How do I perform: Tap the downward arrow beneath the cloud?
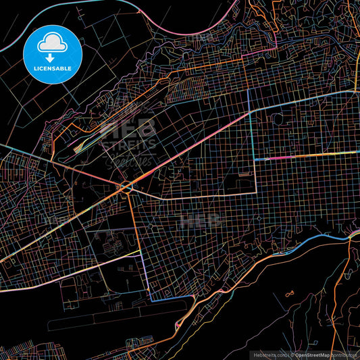tap(51, 58)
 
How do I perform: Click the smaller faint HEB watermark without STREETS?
tap(199, 220)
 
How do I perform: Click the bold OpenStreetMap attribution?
tap(311, 355)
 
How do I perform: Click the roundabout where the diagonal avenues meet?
tap(126, 186)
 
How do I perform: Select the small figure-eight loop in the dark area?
tap(290, 294)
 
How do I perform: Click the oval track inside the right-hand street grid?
tap(277, 120)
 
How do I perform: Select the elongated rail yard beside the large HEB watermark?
tap(101, 132)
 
